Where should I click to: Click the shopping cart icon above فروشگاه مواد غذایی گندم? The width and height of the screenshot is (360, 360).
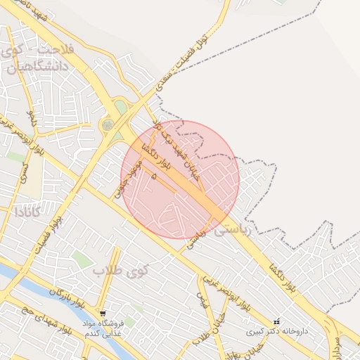103,314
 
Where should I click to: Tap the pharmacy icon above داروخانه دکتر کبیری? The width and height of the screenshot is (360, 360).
276,321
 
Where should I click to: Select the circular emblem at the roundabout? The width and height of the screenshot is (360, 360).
108,125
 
